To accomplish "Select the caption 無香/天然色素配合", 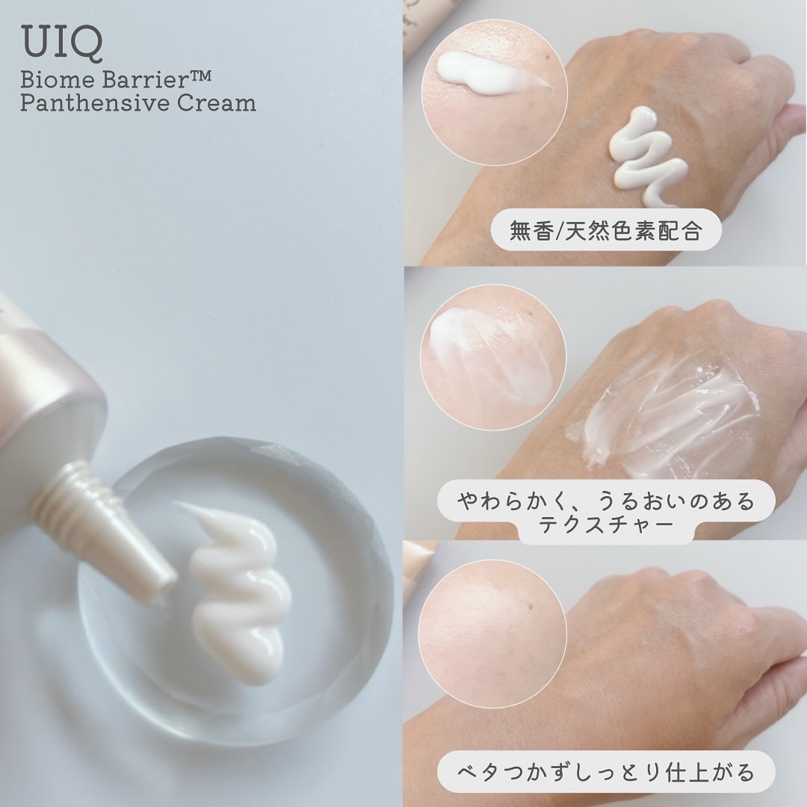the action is [605, 231].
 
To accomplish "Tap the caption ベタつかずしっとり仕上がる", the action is [605, 772].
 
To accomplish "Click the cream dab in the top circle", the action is [489, 75].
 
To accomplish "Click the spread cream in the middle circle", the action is [479, 355].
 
